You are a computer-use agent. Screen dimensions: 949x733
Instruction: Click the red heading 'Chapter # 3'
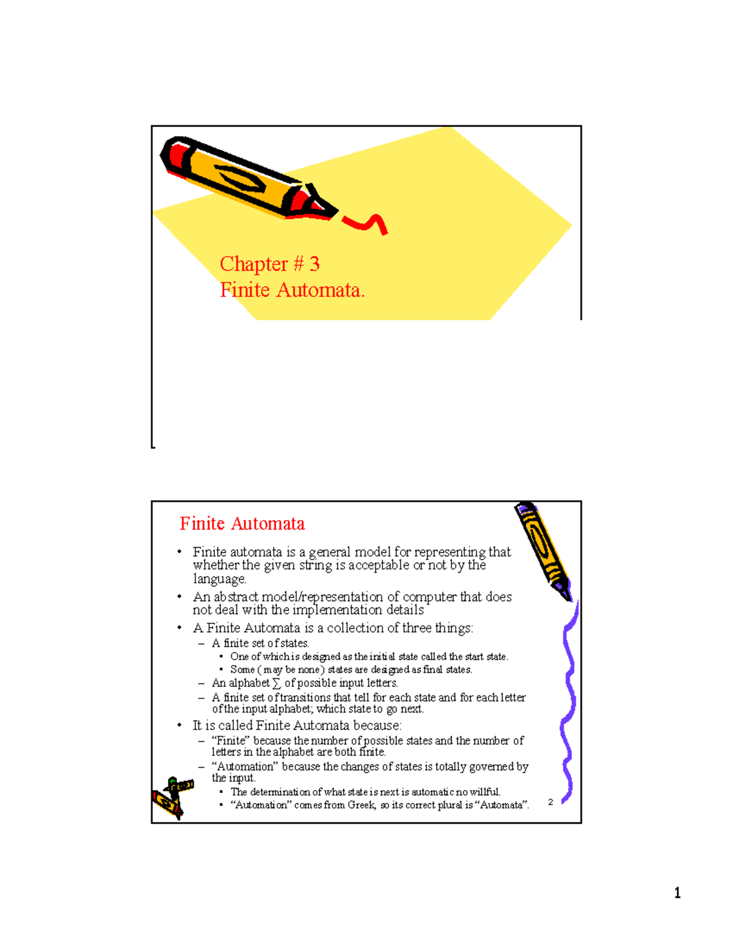point(269,264)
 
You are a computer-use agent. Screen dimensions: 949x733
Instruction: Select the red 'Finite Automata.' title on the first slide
point(292,290)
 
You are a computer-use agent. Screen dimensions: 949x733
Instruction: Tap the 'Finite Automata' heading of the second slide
point(242,524)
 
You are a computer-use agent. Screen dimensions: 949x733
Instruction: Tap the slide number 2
point(550,802)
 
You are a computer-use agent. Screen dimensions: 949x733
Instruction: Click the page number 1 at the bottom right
point(677,893)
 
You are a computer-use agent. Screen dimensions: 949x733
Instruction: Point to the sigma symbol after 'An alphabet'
point(277,683)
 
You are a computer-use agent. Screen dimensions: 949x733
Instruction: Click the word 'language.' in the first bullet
point(219,579)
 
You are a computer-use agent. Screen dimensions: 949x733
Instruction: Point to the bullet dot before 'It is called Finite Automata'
point(180,725)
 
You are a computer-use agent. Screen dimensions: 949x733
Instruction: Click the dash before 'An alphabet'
point(201,683)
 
